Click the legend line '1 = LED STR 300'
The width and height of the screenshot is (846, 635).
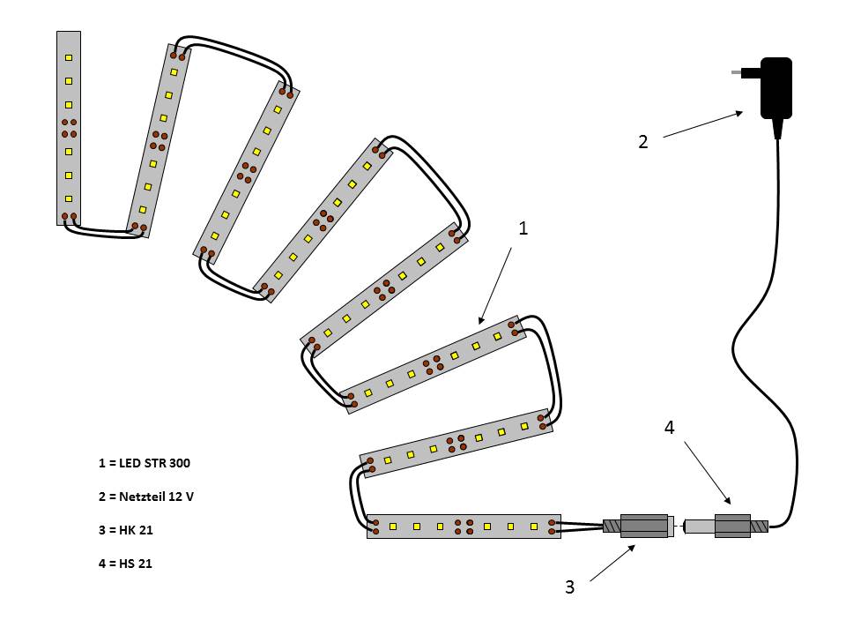click(144, 463)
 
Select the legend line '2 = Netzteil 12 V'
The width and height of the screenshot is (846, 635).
click(146, 497)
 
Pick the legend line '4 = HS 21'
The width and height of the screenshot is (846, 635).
click(126, 564)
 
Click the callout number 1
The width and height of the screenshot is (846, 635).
click(523, 228)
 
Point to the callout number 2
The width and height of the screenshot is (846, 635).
click(642, 141)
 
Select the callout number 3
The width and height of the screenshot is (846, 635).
click(569, 586)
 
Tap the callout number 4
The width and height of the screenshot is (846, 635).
click(669, 428)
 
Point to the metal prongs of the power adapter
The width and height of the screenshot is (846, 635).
click(745, 72)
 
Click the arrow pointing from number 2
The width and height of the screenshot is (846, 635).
click(702, 124)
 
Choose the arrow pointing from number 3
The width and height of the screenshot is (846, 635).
click(612, 564)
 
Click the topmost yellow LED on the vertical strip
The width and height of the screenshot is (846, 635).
click(69, 57)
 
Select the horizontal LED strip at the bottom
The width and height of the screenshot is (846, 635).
click(464, 527)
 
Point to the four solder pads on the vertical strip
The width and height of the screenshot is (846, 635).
click(69, 128)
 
